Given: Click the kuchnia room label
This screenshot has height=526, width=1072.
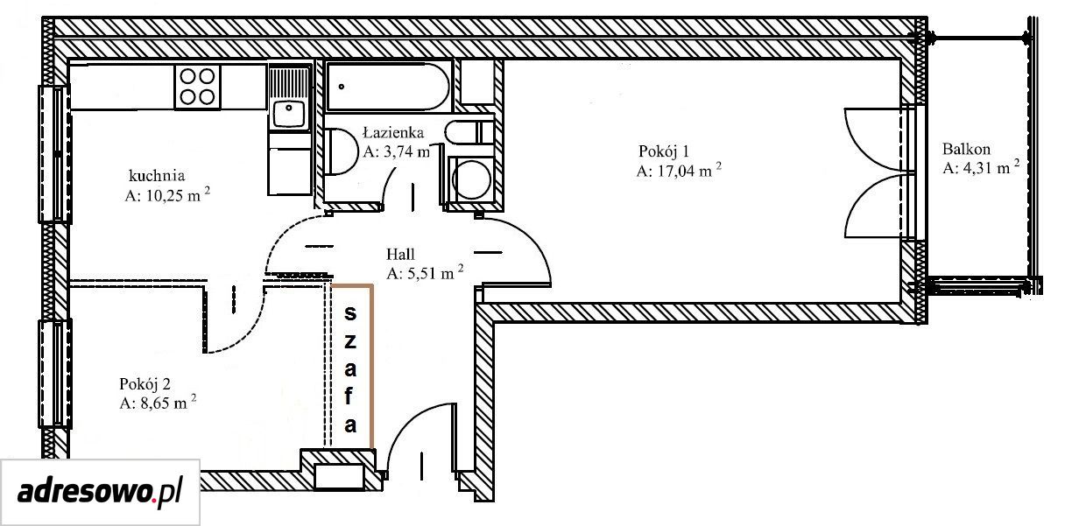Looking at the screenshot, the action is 157,176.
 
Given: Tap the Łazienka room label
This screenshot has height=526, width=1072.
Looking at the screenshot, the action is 393,132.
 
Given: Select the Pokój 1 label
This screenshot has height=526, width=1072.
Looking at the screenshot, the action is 664,151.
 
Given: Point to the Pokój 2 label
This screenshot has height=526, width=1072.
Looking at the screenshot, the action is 145,383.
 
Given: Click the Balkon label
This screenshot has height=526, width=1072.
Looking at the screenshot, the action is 966,149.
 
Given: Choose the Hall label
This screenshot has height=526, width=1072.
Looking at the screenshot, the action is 400,254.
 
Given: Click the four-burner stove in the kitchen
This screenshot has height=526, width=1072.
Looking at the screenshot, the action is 197,87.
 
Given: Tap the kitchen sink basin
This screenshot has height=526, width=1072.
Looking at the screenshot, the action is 289,113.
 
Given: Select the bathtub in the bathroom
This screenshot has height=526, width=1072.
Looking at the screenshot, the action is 389,87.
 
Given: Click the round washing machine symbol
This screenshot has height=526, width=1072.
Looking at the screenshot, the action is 471,179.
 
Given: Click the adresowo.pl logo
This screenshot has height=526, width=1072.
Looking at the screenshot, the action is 100,491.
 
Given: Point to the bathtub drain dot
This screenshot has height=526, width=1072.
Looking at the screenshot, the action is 342,87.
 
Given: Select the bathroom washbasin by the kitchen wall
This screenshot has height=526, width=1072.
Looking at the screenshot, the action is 341,151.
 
